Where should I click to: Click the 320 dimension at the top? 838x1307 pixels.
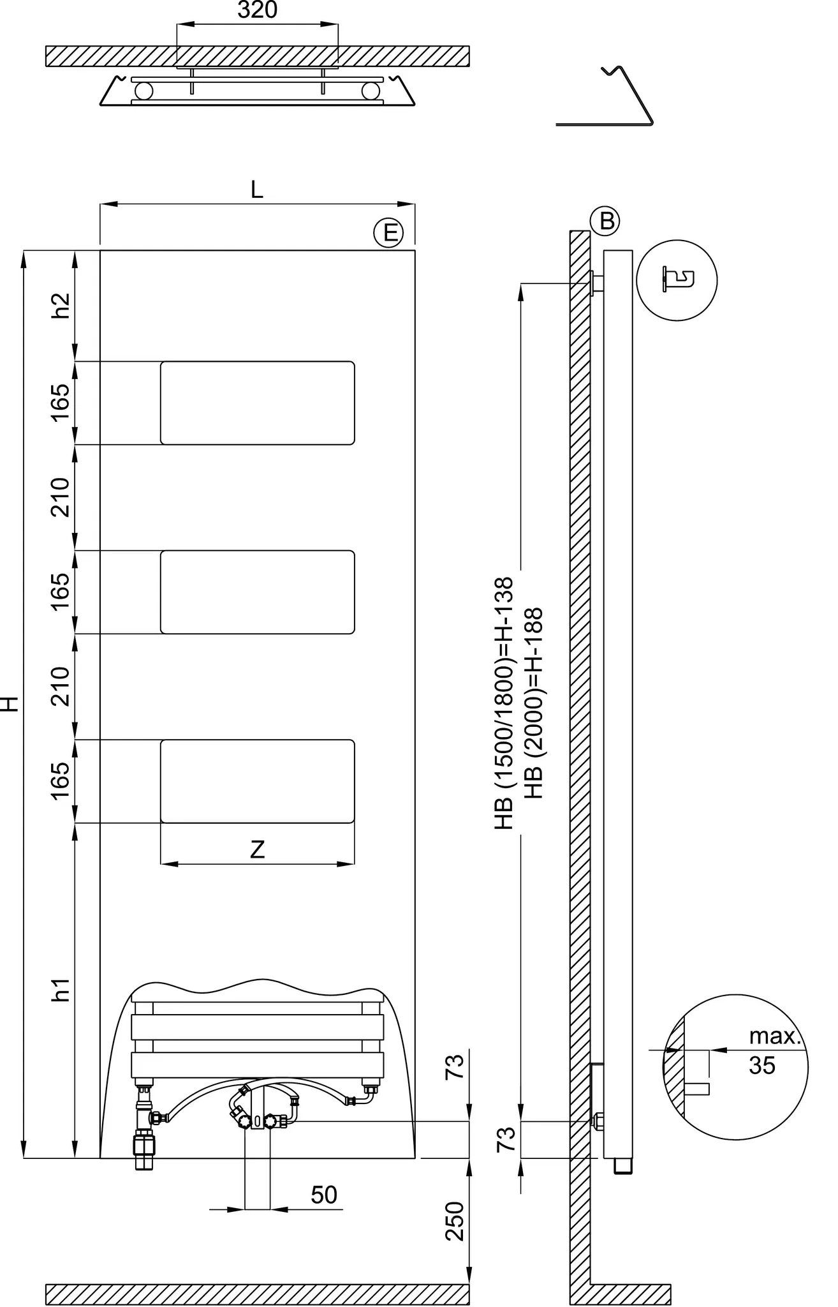tap(257, 11)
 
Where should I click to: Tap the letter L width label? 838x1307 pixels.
tap(256, 190)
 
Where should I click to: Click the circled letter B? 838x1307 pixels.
tap(606, 221)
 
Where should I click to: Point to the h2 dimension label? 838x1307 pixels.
tap(61, 305)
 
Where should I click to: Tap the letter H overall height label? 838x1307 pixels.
tap(9, 703)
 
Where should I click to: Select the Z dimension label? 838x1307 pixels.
tap(257, 849)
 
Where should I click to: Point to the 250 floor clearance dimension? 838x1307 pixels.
tap(455, 1221)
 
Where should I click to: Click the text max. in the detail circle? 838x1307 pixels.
tap(774, 1036)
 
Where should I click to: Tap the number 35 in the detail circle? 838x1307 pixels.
tap(762, 1065)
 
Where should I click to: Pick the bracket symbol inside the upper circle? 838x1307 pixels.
tap(677, 280)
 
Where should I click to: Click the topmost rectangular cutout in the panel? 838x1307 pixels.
tap(257, 403)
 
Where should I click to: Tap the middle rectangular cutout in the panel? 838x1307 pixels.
tap(257, 592)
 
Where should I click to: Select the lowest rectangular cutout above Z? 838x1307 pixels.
tap(257, 780)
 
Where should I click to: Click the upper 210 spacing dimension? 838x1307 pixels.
tap(61, 497)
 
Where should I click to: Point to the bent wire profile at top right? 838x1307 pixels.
tap(628, 96)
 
